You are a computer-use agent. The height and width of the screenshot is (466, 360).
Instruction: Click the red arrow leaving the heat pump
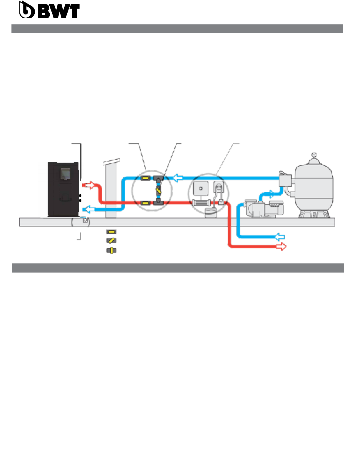[89, 185]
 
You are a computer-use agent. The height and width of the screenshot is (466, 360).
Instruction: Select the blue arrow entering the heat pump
[89, 209]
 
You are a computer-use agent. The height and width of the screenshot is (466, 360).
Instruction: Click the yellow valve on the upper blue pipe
[145, 178]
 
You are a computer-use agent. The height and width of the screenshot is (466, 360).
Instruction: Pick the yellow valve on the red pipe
[145, 203]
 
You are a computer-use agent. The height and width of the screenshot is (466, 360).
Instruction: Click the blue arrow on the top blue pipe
[178, 178]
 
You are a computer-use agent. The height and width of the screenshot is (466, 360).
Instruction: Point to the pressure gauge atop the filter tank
[314, 154]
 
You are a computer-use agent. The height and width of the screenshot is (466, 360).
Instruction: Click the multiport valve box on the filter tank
[285, 180]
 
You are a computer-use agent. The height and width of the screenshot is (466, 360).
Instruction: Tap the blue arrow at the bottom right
[280, 237]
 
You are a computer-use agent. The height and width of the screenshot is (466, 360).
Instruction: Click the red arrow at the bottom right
[281, 246]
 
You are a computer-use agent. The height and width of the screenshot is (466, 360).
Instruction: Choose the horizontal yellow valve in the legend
[111, 232]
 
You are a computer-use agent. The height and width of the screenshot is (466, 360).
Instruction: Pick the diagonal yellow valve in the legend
[111, 240]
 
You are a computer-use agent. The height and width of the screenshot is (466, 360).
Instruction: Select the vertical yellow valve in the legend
[111, 250]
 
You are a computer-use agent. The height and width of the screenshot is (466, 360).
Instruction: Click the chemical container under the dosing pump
[211, 213]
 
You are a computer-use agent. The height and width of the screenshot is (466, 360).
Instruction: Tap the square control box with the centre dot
[201, 188]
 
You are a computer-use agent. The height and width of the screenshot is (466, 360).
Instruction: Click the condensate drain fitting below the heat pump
[85, 220]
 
